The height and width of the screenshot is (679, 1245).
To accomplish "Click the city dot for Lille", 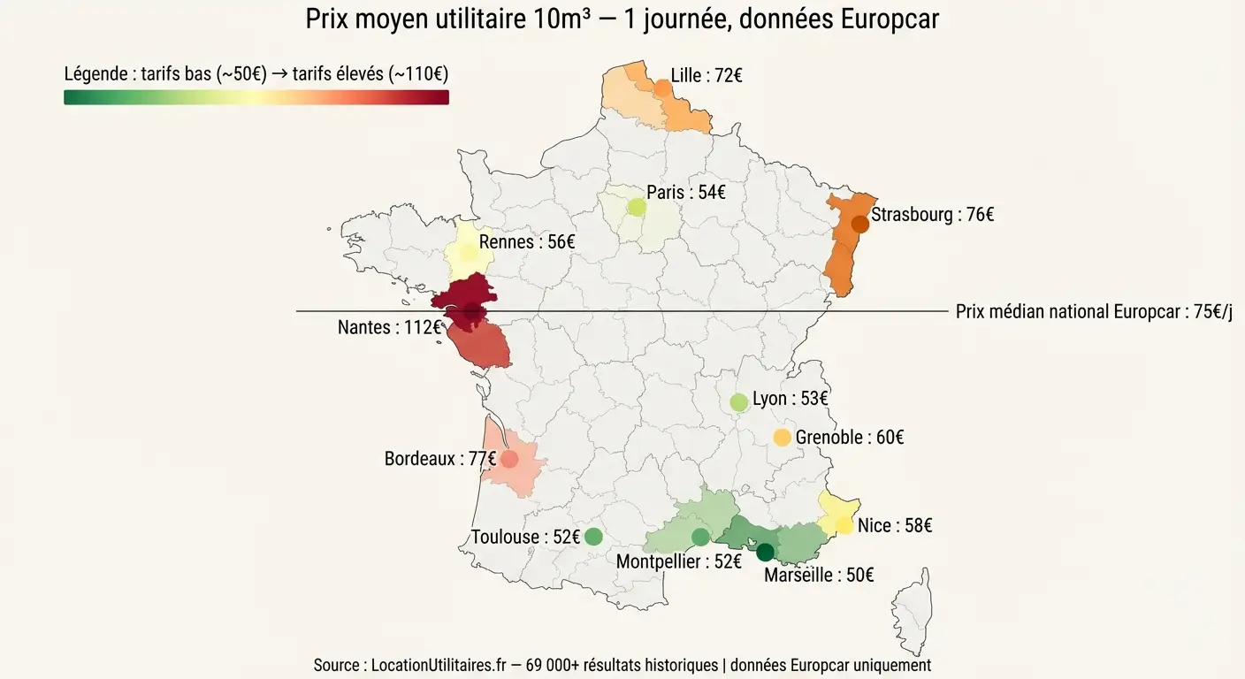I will pyautogui.click(x=662, y=88).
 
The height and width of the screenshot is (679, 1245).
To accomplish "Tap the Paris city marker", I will pyautogui.click(x=637, y=207).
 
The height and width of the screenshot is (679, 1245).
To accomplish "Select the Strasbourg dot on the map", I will pyautogui.click(x=859, y=224).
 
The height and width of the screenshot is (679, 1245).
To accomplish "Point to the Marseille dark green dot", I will pyautogui.click(x=766, y=553).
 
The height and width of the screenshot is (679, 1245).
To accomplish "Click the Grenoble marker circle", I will pyautogui.click(x=782, y=437).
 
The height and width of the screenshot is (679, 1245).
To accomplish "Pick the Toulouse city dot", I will pyautogui.click(x=593, y=536).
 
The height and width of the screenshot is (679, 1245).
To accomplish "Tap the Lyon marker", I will pyautogui.click(x=739, y=402).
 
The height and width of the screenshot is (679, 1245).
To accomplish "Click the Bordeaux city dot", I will pyautogui.click(x=509, y=459).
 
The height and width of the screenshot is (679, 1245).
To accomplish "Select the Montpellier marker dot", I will pyautogui.click(x=700, y=537).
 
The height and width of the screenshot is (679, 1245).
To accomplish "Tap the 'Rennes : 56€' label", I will pyautogui.click(x=527, y=242).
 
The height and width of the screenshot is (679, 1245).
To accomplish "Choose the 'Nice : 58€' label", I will pyautogui.click(x=895, y=526).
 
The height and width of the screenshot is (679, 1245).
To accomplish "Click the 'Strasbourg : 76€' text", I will pyautogui.click(x=933, y=215).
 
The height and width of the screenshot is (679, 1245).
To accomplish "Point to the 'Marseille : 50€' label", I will pyautogui.click(x=819, y=576).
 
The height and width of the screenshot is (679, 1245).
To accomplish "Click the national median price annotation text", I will pyautogui.click(x=1094, y=312).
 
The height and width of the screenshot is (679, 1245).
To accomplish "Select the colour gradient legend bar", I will pyautogui.click(x=256, y=97).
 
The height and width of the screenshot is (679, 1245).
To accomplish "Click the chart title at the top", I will pyautogui.click(x=622, y=19).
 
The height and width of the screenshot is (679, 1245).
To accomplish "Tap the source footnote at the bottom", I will pyautogui.click(x=622, y=665).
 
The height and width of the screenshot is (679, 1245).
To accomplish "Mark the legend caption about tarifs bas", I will pyautogui.click(x=256, y=74).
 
